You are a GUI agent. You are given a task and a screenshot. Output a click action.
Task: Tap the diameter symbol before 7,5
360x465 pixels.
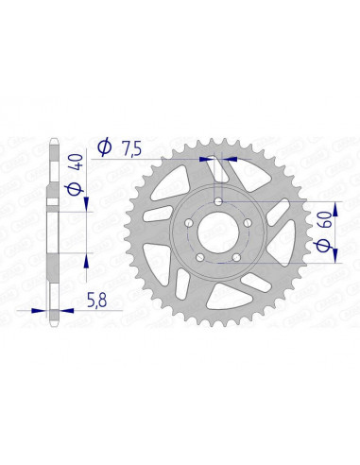tap(105, 146)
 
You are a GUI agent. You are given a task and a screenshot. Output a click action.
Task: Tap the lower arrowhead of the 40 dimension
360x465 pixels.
tap(87, 258)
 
